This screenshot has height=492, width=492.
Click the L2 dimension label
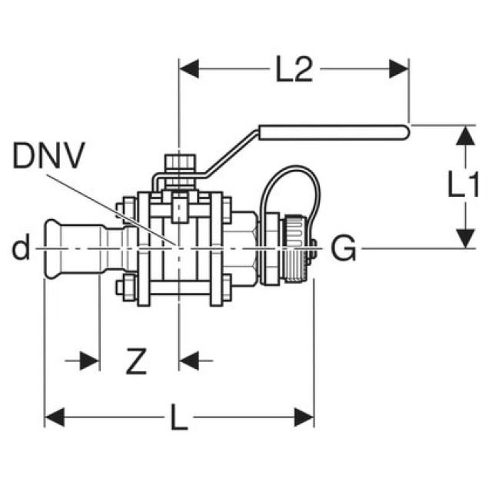tap(294, 71)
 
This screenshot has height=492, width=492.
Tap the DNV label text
tap(48, 158)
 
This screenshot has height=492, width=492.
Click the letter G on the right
tap(344, 248)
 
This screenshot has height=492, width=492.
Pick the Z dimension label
tap(136, 361)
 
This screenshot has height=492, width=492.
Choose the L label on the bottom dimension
tap(178, 419)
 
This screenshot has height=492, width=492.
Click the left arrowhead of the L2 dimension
tap(188, 70)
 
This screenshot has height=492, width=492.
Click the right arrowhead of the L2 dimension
tap(399, 70)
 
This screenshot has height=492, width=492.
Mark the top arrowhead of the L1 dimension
tap(464, 135)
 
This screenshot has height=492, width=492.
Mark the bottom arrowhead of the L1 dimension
tap(464, 238)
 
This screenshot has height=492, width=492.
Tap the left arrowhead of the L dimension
tap(54, 418)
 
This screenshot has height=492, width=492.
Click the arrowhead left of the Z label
tap(90, 359)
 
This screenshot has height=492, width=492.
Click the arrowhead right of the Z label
tap(189, 359)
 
